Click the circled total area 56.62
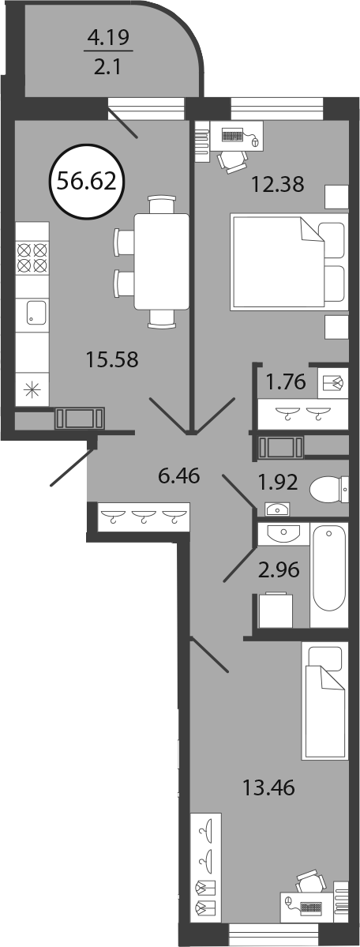tap(86, 180)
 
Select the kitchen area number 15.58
tap(112, 361)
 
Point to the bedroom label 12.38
tap(276, 182)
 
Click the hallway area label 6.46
tap(178, 476)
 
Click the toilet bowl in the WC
tap(328, 488)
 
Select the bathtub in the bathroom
tap(329, 568)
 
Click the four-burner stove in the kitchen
tap(32, 257)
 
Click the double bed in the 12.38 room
tap(289, 262)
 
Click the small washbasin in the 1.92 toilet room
tap(277, 509)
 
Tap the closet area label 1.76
tap(283, 381)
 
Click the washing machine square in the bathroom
tap(276, 611)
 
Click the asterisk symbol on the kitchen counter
tap(29, 389)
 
